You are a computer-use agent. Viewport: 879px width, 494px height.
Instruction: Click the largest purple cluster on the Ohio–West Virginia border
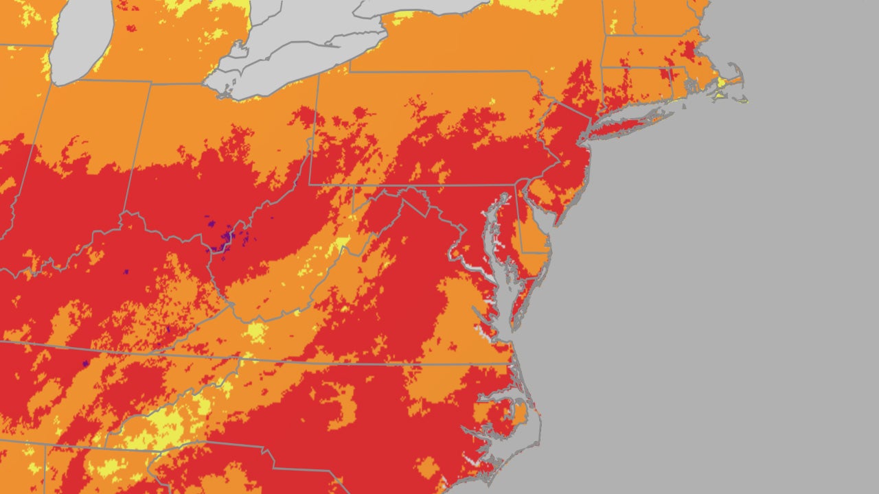point(225,240)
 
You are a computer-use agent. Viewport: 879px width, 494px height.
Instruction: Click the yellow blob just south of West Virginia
point(256,333)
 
